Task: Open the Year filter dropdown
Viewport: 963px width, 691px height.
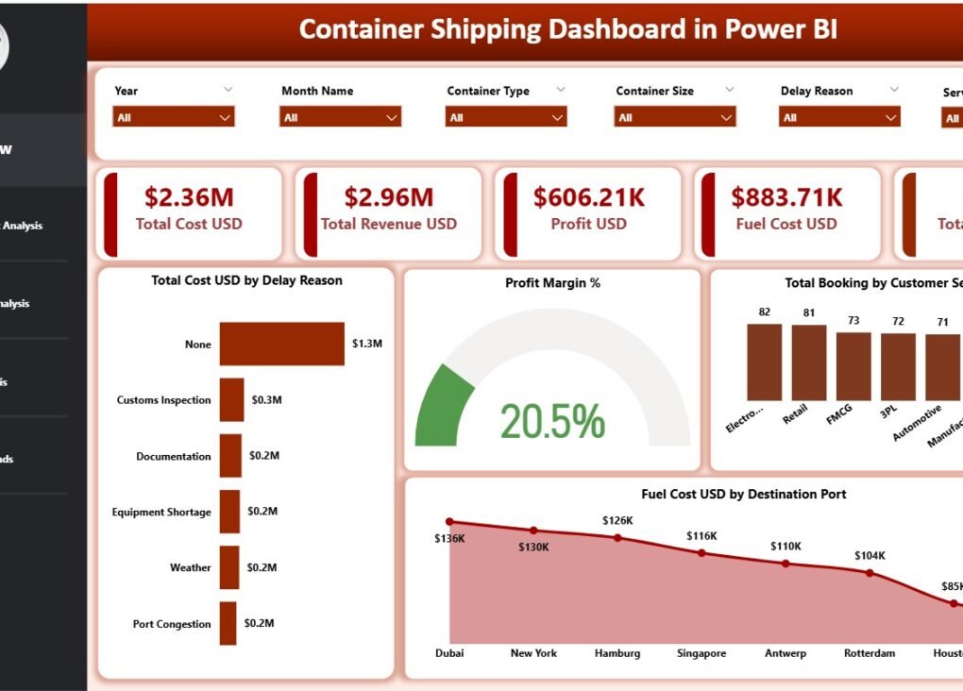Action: (173, 117)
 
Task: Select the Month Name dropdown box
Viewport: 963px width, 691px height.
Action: (340, 117)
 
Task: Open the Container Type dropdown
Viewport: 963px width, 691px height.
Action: (506, 117)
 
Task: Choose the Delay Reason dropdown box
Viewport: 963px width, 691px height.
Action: (839, 117)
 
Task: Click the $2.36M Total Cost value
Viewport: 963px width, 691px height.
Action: (189, 197)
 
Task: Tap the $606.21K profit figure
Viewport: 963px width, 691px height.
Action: (588, 197)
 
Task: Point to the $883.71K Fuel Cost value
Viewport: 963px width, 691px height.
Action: (786, 197)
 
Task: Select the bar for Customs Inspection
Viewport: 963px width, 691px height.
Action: (232, 400)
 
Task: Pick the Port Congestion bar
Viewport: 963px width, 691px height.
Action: (228, 624)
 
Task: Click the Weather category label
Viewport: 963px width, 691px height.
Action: (190, 568)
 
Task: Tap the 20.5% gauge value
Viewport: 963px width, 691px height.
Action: (552, 422)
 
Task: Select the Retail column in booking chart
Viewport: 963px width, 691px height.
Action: (809, 363)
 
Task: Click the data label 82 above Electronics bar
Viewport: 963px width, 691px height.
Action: (764, 312)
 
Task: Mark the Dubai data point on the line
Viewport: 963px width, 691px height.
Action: (449, 521)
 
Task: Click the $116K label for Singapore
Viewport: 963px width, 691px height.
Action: (701, 536)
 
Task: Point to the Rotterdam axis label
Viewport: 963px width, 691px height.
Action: (870, 653)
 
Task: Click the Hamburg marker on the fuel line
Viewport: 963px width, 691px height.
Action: (617, 537)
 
